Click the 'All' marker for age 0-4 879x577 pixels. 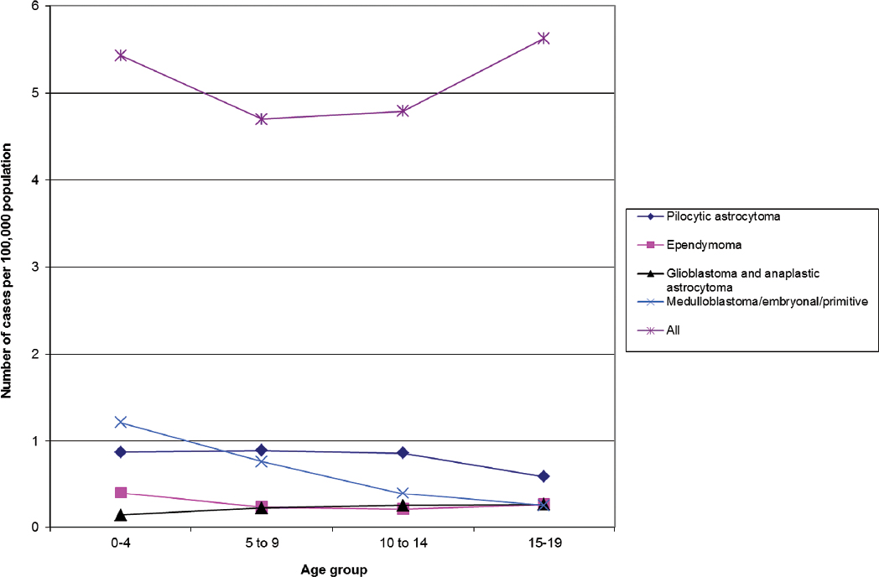[x=121, y=55]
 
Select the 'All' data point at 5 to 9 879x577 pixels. [x=262, y=119]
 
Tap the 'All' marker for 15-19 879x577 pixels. [x=544, y=38]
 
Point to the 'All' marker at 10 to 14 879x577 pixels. [x=403, y=111]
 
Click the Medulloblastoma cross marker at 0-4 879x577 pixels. [x=121, y=422]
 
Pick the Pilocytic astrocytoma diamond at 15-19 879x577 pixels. [x=544, y=476]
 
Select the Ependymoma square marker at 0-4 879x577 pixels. [x=121, y=492]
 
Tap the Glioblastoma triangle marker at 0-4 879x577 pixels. [x=121, y=514]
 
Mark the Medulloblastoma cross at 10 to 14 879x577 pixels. [x=403, y=493]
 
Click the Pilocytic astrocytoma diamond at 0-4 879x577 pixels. [x=121, y=452]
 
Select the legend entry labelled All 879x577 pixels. [x=673, y=330]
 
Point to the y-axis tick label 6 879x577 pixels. [x=34, y=6]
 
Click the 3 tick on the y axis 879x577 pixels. [x=34, y=267]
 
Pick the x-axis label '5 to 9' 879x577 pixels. [x=262, y=543]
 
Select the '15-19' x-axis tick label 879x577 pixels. [x=544, y=543]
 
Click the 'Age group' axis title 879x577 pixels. [x=333, y=569]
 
